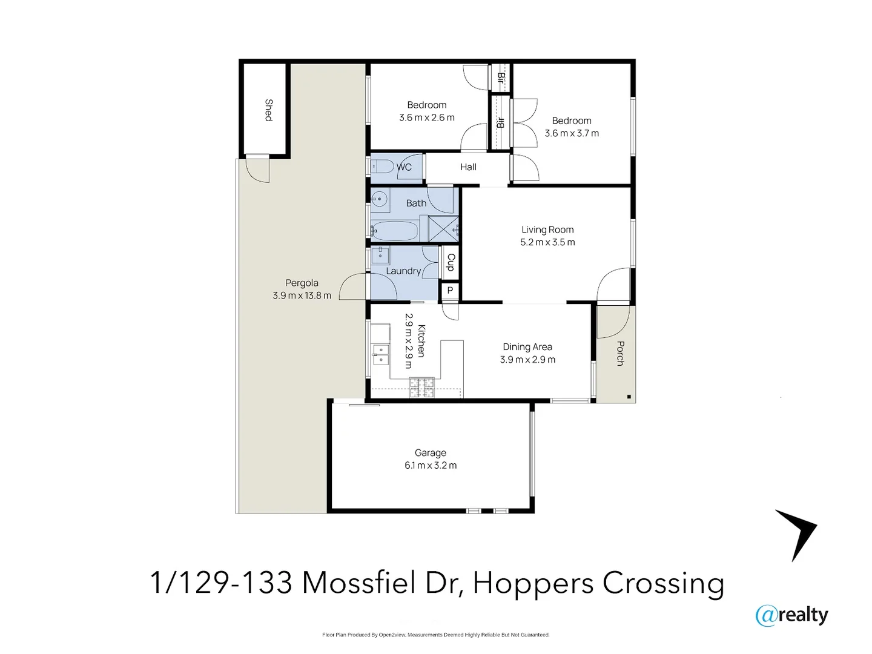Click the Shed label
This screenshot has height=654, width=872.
(269, 110)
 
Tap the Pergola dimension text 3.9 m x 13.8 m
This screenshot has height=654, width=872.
(302, 296)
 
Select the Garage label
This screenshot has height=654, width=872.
(430, 453)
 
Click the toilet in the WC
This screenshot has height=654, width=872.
(382, 166)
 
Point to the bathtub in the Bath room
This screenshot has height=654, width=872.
(395, 231)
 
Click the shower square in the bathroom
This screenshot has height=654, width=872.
(444, 229)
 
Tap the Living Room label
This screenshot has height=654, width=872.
(547, 230)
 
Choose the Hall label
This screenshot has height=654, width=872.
(468, 167)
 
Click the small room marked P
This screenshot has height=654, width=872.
(450, 290)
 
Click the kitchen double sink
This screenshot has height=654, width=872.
(380, 355)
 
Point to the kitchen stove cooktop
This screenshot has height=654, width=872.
(422, 387)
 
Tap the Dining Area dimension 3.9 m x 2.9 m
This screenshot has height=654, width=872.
(527, 360)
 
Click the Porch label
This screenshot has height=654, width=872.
(620, 353)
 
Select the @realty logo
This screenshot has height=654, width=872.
(791, 616)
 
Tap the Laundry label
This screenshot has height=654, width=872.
(403, 271)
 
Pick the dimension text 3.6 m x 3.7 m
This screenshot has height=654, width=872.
(572, 133)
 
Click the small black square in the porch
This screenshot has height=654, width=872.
(629, 396)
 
